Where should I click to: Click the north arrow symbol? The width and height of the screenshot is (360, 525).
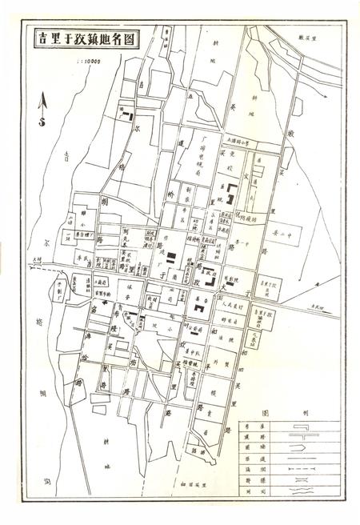click(x=42, y=104)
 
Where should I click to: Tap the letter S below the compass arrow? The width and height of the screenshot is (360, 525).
click(x=42, y=122)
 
